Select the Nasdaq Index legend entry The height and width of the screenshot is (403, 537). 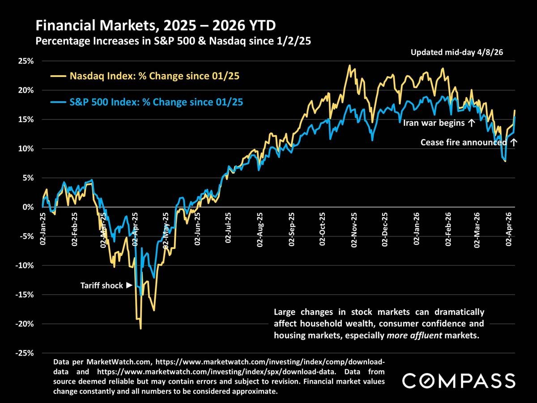click(x=154, y=76)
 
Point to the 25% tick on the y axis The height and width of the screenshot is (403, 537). click(x=25, y=61)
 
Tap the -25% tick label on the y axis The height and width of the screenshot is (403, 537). click(x=24, y=353)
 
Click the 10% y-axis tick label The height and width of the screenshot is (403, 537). click(x=25, y=149)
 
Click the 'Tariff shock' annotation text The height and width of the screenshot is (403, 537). click(x=102, y=285)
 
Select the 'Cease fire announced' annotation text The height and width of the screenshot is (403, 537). click(x=464, y=143)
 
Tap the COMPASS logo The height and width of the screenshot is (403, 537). click(x=459, y=381)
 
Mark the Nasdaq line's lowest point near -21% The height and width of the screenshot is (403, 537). click(x=141, y=329)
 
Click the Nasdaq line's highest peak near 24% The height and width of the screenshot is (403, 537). click(x=349, y=65)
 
